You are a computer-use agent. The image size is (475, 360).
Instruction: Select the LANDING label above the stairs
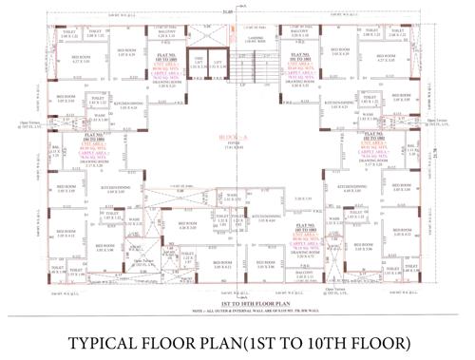(x=254, y=38)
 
